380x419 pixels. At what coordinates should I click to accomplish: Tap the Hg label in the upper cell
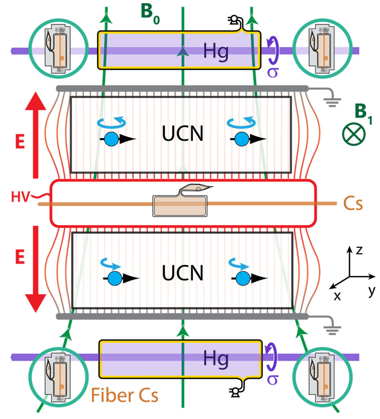tap(216, 51)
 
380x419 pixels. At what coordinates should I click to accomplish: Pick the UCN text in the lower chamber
tap(183, 273)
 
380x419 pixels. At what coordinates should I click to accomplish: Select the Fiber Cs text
tap(124, 396)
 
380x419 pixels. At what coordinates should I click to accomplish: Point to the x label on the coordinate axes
tap(337, 295)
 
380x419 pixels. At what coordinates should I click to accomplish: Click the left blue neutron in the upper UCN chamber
tap(111, 139)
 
